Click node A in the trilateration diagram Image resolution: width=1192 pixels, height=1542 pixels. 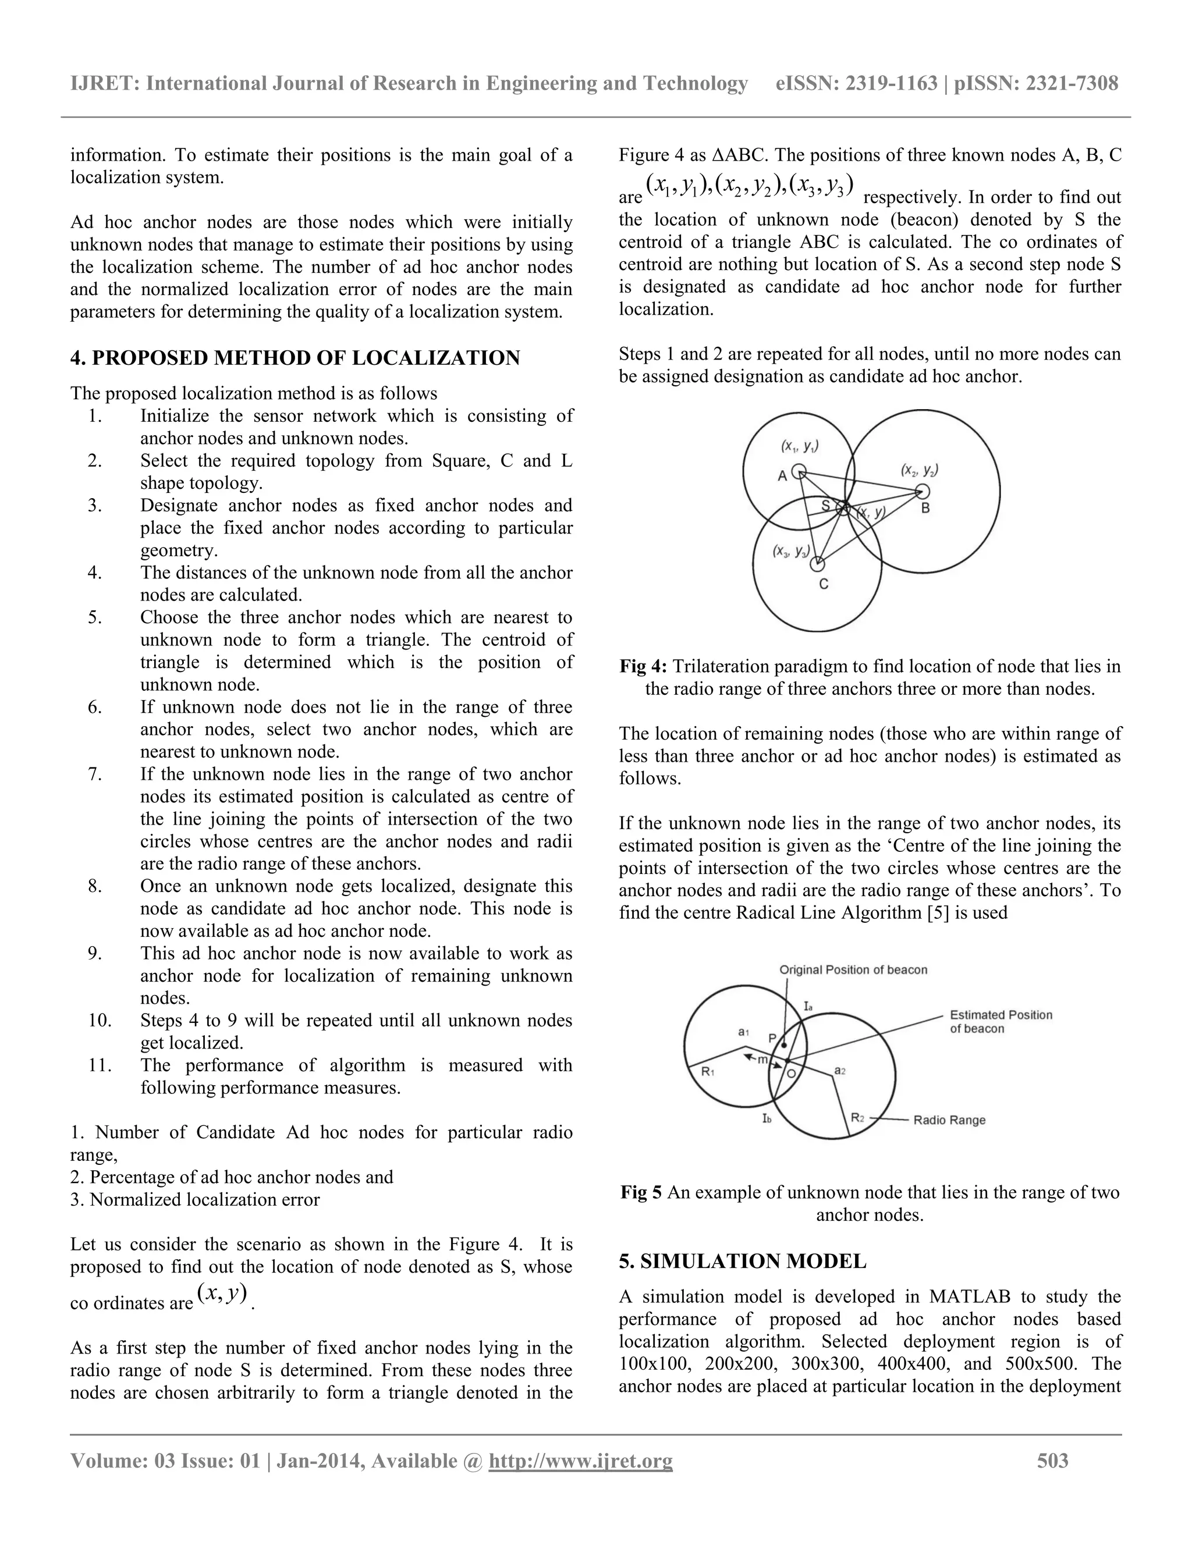799,471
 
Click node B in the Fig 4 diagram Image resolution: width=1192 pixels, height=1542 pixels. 923,492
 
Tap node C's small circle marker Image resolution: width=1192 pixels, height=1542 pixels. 817,564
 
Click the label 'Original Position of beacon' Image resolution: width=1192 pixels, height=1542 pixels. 853,969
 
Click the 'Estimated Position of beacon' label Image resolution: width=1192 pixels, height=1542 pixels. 1000,1022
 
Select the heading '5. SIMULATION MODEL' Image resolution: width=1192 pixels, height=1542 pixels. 742,1261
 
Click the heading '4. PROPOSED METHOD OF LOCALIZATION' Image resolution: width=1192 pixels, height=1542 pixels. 295,358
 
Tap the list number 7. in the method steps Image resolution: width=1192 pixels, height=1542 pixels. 95,774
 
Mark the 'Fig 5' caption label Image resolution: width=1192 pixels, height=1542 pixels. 641,1192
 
